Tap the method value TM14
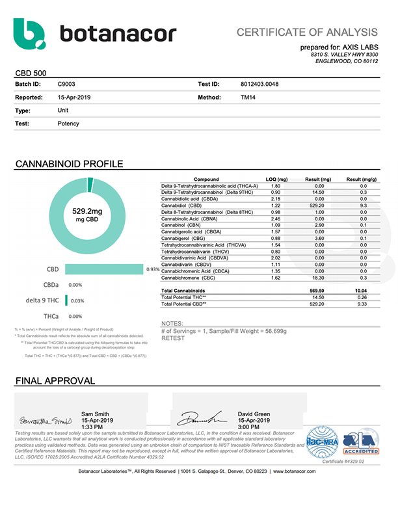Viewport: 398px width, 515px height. click(248, 97)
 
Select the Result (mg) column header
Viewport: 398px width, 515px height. click(317, 179)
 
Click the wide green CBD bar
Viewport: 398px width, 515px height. click(104, 269)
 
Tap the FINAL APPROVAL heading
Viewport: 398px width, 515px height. click(55, 380)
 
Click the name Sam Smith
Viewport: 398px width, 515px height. click(96, 414)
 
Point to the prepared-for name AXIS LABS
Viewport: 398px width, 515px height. click(361, 47)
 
